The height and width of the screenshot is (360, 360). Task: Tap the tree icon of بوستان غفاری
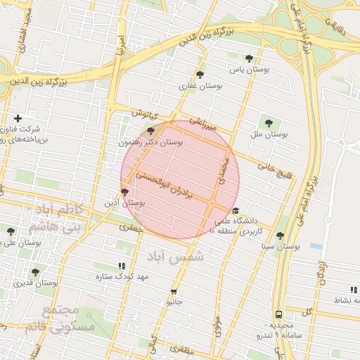click(x=200, y=74)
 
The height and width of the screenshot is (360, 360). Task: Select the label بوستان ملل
click(x=269, y=134)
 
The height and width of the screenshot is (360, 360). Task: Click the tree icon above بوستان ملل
click(x=269, y=123)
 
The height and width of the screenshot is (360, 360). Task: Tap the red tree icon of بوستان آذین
click(x=125, y=191)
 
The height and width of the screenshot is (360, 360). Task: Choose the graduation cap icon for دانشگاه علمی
click(x=236, y=210)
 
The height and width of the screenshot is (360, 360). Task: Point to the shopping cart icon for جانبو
click(x=174, y=291)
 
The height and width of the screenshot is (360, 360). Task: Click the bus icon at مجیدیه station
click(x=279, y=314)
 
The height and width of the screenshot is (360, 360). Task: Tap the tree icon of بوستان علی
click(x=11, y=231)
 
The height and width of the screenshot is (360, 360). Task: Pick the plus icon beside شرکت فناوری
click(x=18, y=118)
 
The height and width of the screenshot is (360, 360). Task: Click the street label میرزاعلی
click(x=204, y=124)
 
